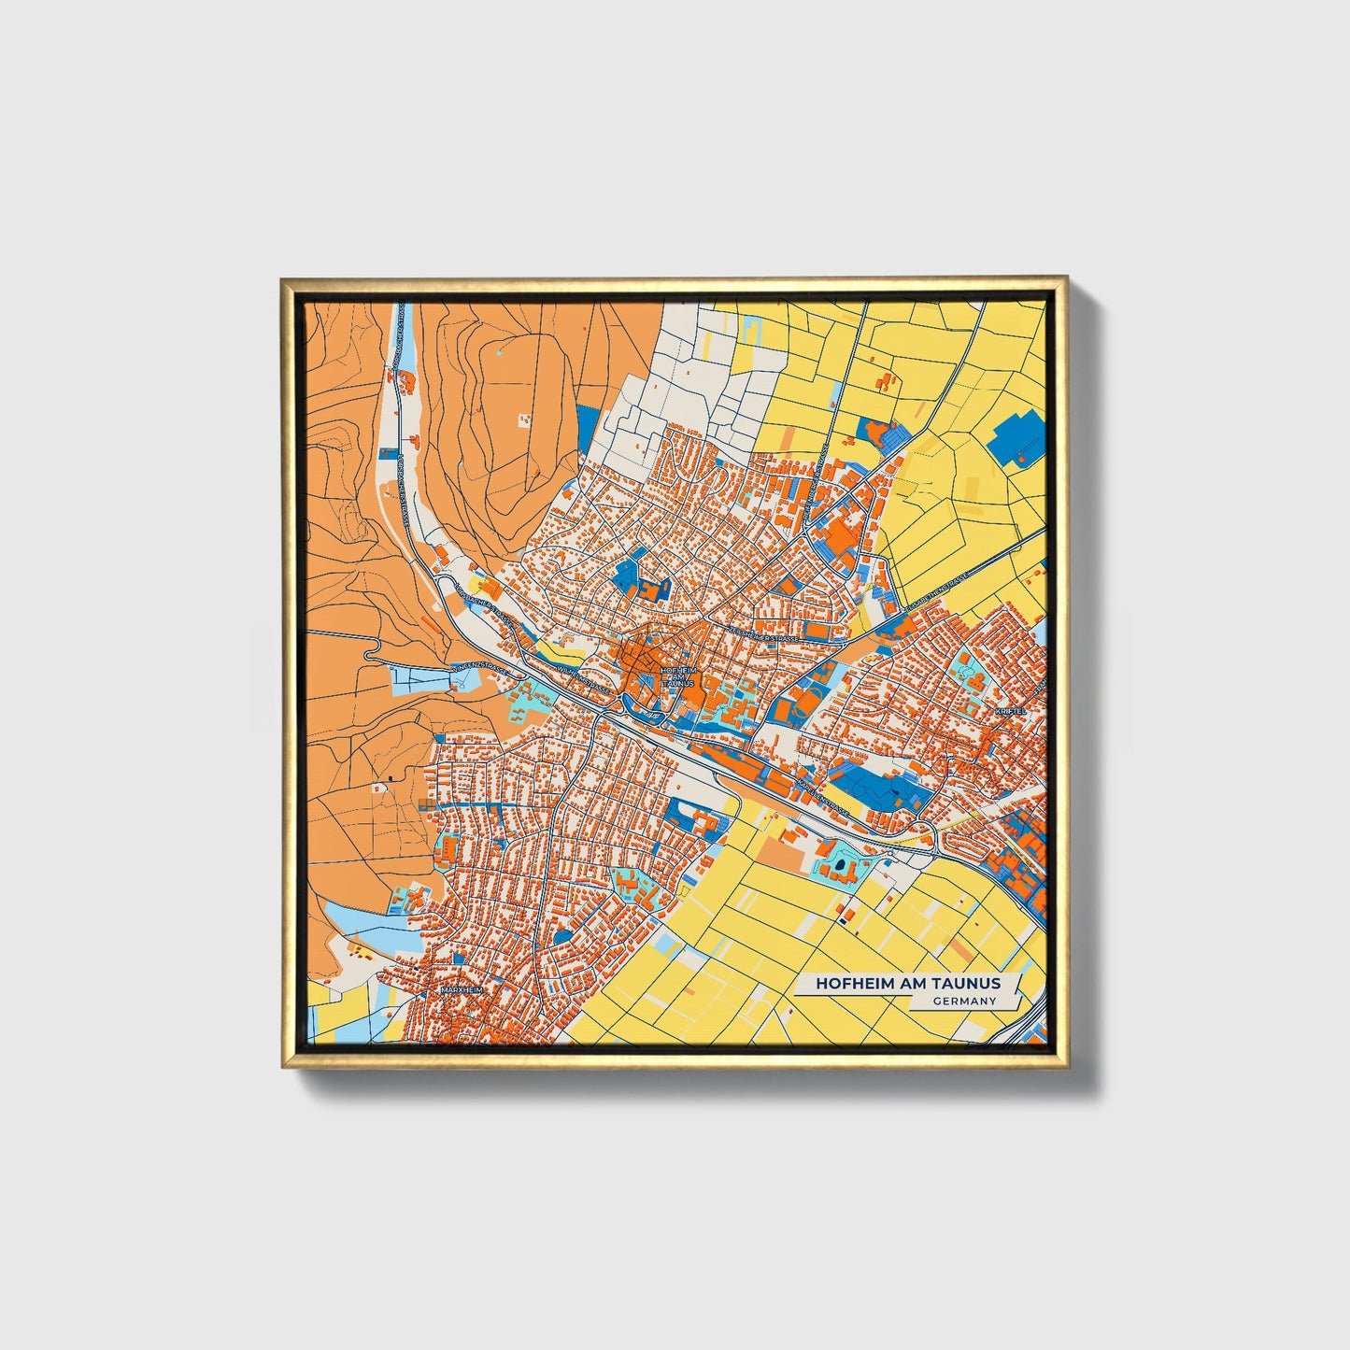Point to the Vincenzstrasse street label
(479, 669)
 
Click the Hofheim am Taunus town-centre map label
(676, 677)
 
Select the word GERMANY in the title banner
(963, 1001)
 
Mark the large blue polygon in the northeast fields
(1018, 437)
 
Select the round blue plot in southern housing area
(564, 936)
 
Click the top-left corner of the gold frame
(283, 278)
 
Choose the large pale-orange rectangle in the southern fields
(781, 852)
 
